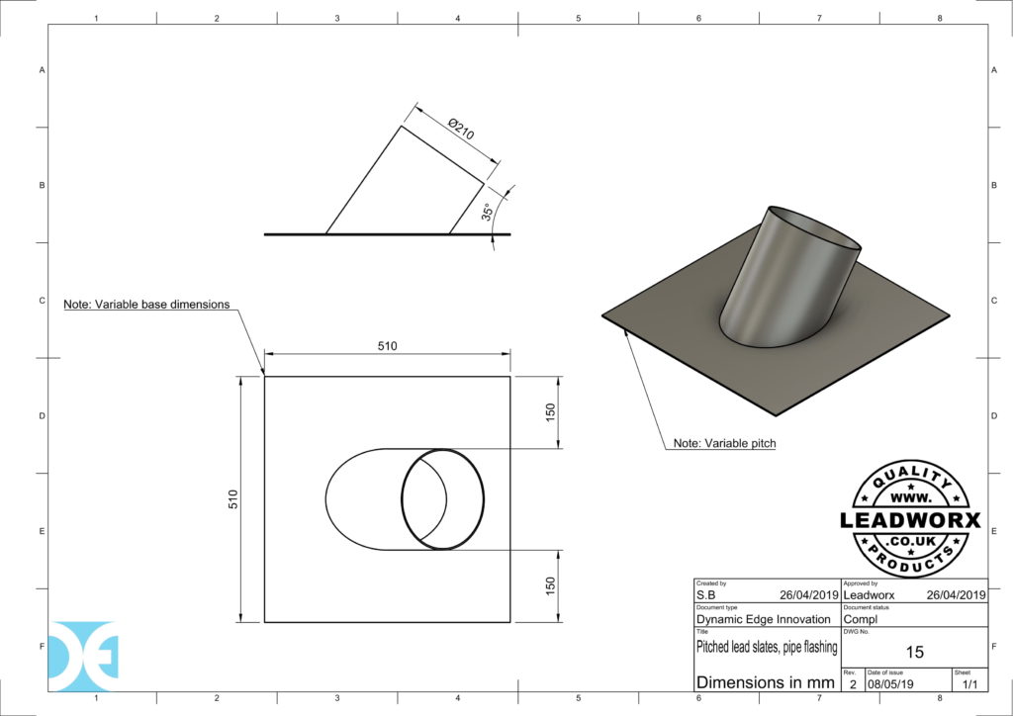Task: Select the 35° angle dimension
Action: pos(487,215)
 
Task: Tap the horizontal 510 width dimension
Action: pos(387,346)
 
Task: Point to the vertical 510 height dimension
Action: pos(233,499)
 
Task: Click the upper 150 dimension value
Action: pos(551,411)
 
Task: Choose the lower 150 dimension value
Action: pos(551,585)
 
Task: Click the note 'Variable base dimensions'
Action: pos(146,304)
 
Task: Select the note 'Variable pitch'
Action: pos(724,444)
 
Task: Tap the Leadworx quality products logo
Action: pos(909,519)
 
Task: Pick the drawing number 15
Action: pos(914,652)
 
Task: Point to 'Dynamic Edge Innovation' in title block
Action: pos(764,619)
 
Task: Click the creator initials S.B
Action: pos(706,595)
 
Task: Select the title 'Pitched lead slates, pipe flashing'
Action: pos(767,648)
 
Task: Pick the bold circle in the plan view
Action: pos(442,499)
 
